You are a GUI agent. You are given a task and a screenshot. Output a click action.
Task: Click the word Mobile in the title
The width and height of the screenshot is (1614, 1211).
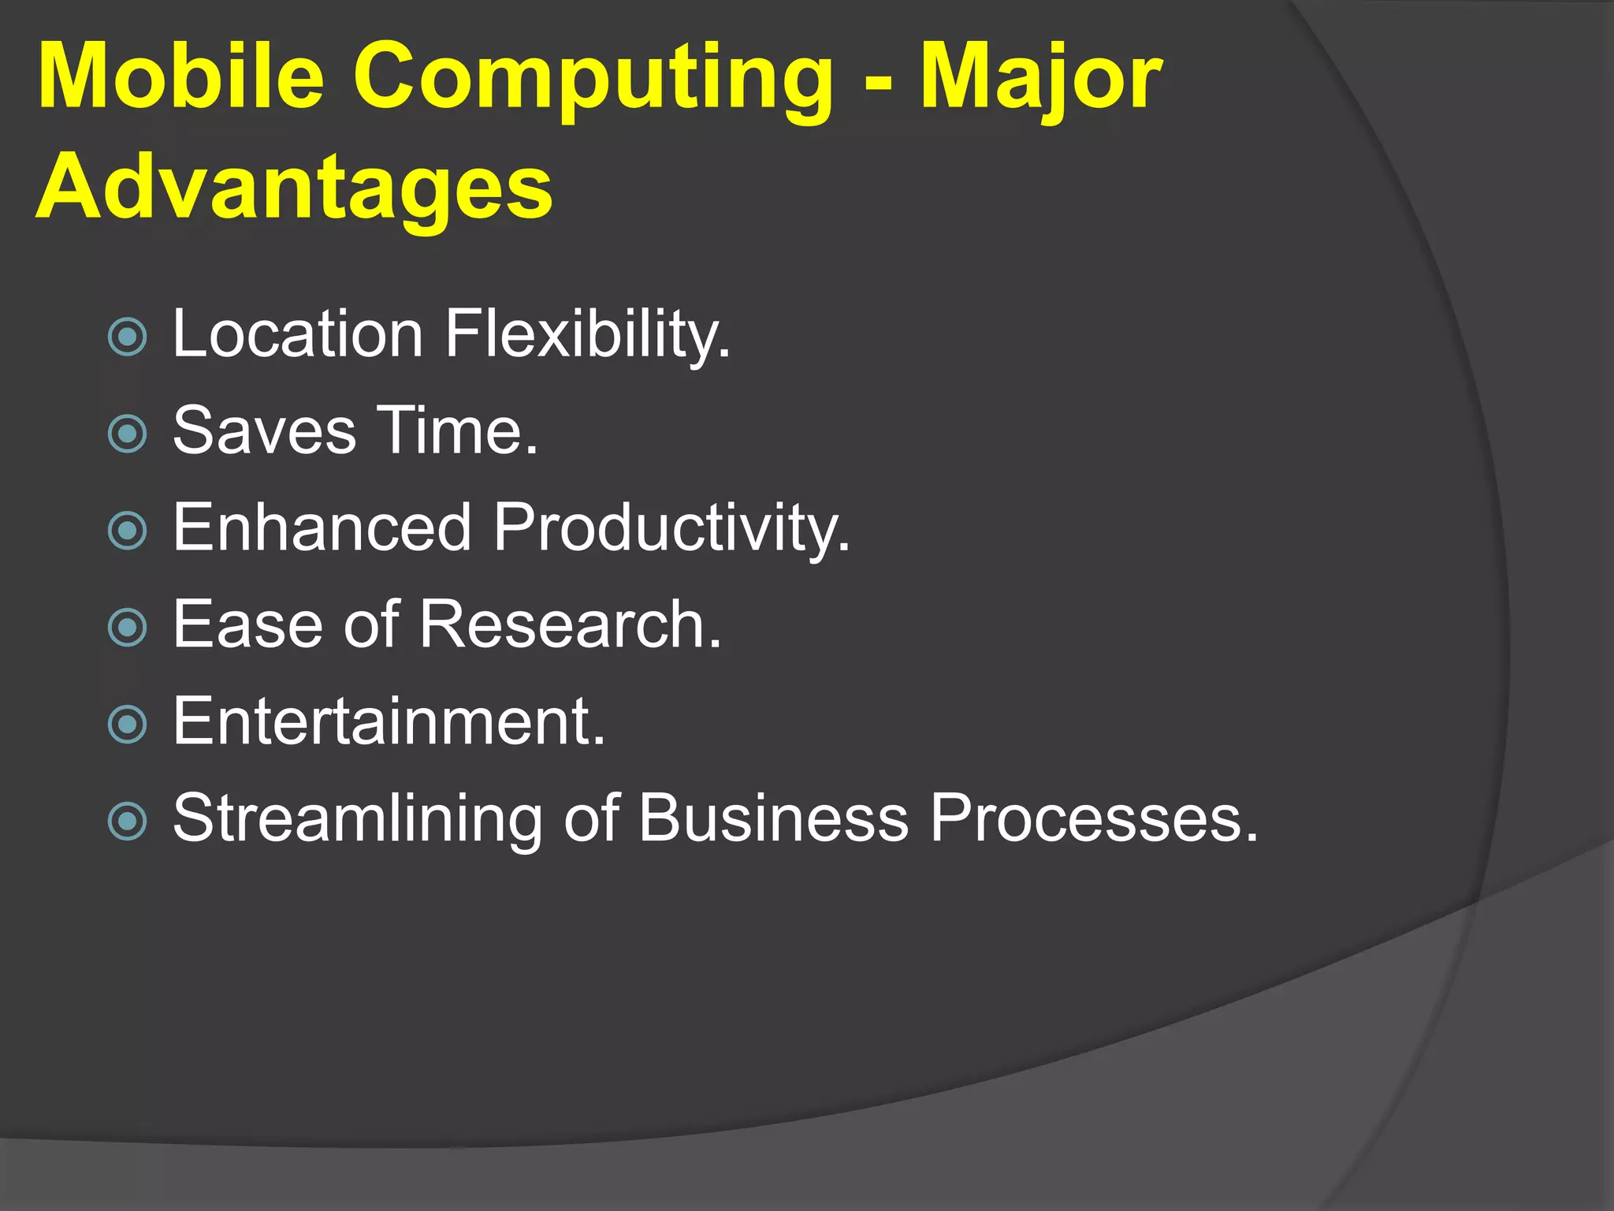pos(180,76)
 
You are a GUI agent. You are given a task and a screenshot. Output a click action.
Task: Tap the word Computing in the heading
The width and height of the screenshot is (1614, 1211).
pos(593,79)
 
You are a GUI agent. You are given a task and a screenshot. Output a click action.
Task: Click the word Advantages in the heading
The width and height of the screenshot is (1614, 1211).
pos(295,189)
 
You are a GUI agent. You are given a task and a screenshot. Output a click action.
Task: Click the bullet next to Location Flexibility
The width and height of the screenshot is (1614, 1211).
pos(127,337)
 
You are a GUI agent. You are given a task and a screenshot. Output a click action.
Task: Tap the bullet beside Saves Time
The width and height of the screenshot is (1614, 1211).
pos(127,434)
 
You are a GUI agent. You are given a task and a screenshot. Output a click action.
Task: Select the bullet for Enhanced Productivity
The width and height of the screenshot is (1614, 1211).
pos(127,531)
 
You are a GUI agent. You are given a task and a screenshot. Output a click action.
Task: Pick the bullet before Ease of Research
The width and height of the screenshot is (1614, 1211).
pos(127,628)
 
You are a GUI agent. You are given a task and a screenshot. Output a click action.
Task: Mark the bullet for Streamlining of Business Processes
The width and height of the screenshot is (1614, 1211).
pos(127,821)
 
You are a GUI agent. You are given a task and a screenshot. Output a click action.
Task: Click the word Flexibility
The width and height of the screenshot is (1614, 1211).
pos(587,335)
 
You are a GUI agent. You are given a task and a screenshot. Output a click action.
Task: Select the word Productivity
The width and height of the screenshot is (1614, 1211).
pos(671,528)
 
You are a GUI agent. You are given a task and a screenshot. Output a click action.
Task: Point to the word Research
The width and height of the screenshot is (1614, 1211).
pos(570,624)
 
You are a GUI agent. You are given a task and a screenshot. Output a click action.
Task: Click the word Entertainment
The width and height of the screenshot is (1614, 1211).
pos(389,721)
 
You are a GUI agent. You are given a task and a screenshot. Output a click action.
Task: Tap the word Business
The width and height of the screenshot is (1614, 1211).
pos(773,818)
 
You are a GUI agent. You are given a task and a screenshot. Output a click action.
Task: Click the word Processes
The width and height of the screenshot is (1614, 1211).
pos(1093,818)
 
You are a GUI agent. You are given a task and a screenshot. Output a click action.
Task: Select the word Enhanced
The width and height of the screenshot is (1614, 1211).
pos(322,527)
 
